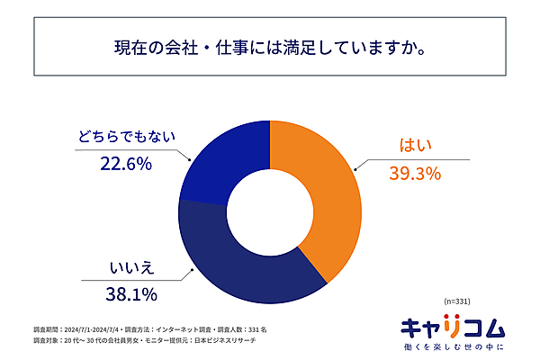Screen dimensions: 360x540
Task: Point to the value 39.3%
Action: [414, 174]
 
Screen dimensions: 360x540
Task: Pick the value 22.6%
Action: [124, 164]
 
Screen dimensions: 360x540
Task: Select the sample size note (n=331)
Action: [457, 300]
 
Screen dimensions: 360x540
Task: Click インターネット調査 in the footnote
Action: [193, 331]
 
